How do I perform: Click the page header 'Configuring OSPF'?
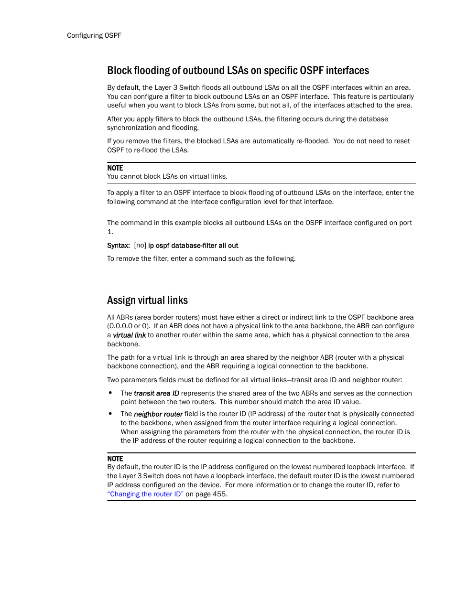[x=94, y=35]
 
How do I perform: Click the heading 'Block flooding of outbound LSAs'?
[x=238, y=71]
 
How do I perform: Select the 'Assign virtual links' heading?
[x=147, y=300]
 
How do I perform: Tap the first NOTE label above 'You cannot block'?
[x=115, y=168]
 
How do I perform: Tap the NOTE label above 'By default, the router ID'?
[x=115, y=459]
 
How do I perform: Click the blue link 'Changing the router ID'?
[x=145, y=494]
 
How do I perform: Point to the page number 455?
[x=219, y=494]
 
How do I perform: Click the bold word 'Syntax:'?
[x=119, y=246]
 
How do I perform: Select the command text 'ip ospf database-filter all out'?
[x=193, y=246]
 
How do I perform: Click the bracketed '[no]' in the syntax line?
[x=140, y=246]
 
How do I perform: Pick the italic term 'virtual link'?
[x=129, y=335]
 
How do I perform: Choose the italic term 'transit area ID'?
[x=156, y=393]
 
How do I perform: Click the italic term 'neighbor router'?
[x=158, y=414]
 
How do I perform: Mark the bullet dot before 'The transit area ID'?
[x=110, y=393]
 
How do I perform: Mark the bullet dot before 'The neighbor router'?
[x=110, y=414]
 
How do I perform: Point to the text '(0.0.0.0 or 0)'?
[x=128, y=326]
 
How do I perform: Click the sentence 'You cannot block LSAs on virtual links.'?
[x=167, y=176]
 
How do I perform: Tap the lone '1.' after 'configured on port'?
[x=110, y=232]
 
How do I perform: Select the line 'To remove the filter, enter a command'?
[x=201, y=258]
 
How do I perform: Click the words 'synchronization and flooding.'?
[x=153, y=128]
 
